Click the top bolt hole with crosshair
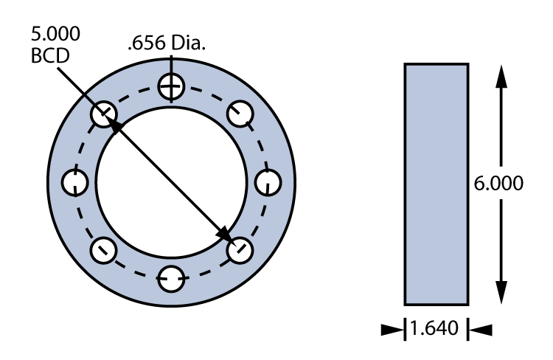172,87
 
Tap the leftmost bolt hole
77,181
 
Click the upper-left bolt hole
105,114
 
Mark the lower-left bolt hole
105,249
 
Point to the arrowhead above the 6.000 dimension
501,73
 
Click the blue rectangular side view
436,184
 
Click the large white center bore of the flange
172,181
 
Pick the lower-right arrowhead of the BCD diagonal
224,235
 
